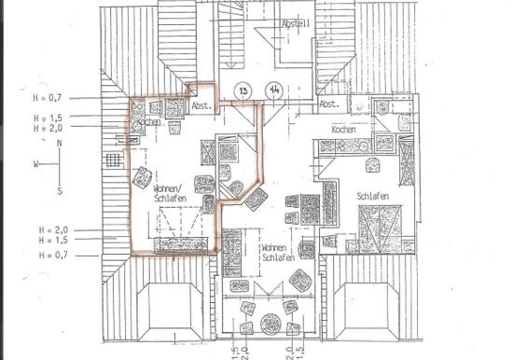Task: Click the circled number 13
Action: pos(243,90)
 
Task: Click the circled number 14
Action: pos(273,90)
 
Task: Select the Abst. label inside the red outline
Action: pos(201,106)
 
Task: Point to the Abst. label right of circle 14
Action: pos(328,104)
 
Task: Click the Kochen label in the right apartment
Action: pos(344,129)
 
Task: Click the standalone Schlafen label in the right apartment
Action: pos(372,196)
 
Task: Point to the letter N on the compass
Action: pos(60,144)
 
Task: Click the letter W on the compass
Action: pos(37,163)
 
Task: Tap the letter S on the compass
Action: pos(60,191)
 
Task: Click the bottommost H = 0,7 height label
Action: pos(53,254)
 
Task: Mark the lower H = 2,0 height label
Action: pos(53,228)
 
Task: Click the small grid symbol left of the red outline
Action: pos(114,159)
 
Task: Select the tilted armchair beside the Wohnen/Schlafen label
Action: pos(142,176)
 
